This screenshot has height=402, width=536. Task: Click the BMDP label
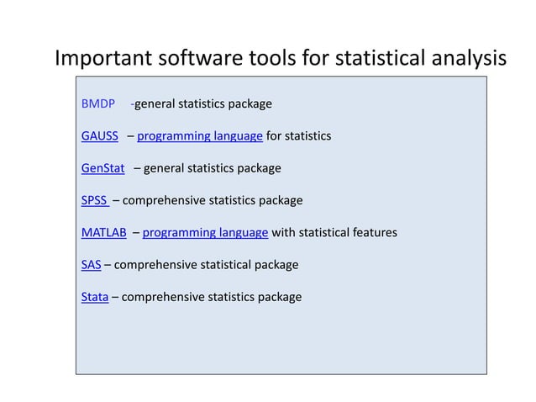(97, 104)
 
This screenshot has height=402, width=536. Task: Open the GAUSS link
(99, 136)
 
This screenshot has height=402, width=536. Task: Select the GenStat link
(102, 168)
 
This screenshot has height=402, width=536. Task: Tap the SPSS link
(94, 200)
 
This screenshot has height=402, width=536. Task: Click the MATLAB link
(103, 232)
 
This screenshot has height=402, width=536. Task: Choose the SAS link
(91, 264)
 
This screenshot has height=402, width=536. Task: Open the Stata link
(94, 297)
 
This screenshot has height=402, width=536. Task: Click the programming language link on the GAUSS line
(200, 136)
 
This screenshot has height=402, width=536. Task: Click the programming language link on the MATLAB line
(205, 232)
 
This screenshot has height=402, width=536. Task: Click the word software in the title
(202, 59)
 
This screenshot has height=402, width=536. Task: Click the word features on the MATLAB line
(373, 232)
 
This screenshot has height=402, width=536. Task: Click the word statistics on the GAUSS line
(307, 136)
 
